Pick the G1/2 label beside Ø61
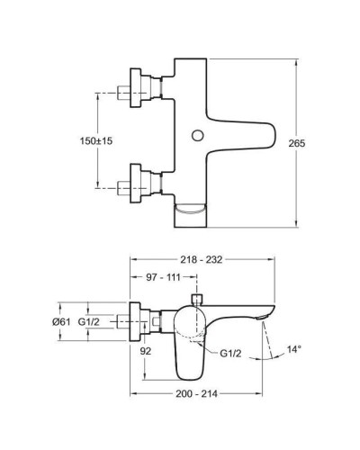[x=90, y=321]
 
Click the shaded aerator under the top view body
[x=190, y=214]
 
